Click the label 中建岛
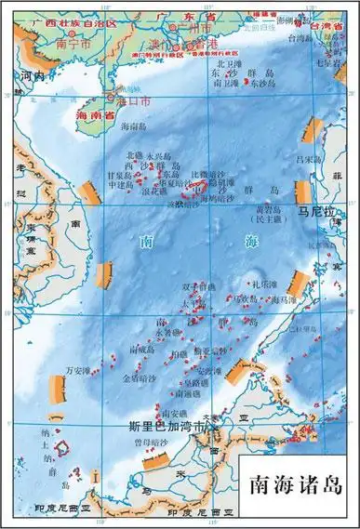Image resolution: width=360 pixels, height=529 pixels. click(120, 184)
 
